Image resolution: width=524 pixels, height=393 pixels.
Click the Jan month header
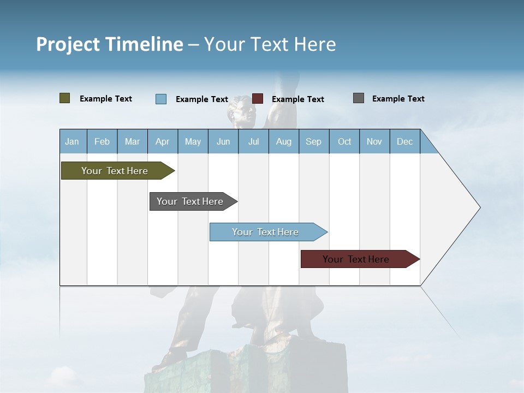point(72,141)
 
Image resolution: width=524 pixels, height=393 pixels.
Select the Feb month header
point(102,141)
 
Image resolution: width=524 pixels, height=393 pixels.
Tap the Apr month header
point(162,141)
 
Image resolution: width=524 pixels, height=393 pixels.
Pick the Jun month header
point(223,141)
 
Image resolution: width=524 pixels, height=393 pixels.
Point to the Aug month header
point(283,141)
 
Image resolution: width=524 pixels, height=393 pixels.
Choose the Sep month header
point(313,141)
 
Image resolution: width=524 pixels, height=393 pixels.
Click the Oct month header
point(344,141)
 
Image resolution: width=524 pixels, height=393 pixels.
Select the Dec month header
point(404,141)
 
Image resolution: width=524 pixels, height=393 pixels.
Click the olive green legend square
point(65,98)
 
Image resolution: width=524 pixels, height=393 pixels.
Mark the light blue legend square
point(161,99)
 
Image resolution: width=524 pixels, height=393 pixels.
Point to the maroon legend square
point(258,99)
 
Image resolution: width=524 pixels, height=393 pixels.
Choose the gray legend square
point(359,98)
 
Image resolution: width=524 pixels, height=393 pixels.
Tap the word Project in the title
point(67,44)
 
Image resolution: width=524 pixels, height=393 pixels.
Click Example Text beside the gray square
point(398,99)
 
